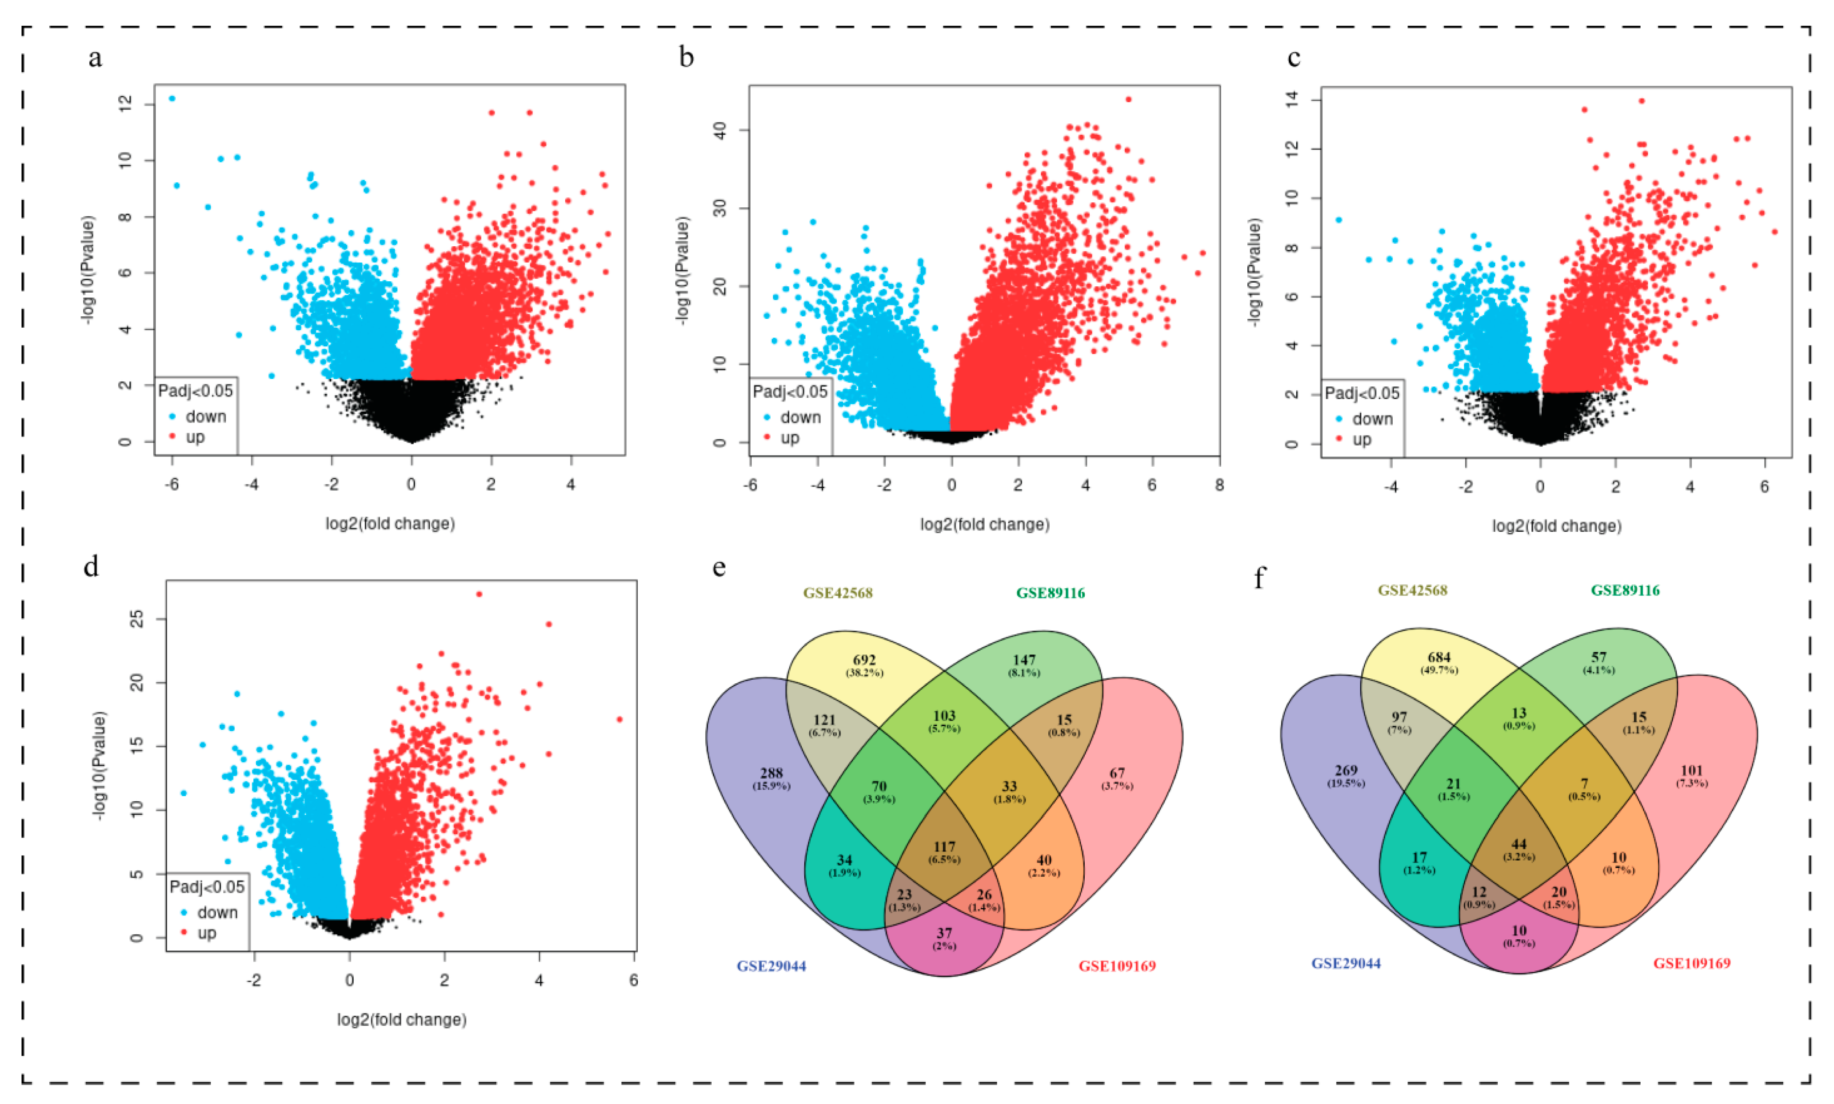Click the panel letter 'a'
pos(95,58)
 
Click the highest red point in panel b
pos(1128,99)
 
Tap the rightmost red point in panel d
pos(619,719)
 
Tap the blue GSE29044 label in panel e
pos(772,966)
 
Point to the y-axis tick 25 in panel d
pos(136,620)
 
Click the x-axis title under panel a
pos(390,524)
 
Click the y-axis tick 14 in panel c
pos(1293,100)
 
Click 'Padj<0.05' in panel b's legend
pos(790,392)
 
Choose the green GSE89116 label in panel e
pos(1050,593)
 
